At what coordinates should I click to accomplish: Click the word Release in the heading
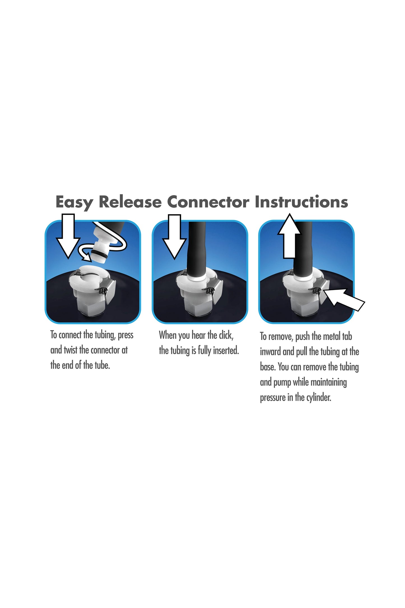pos(130,202)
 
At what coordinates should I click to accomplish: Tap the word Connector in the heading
pos(208,202)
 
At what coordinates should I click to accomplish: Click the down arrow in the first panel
pos(68,236)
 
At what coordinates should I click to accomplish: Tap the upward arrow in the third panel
pos(289,236)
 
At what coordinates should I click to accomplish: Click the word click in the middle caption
pos(226,335)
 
